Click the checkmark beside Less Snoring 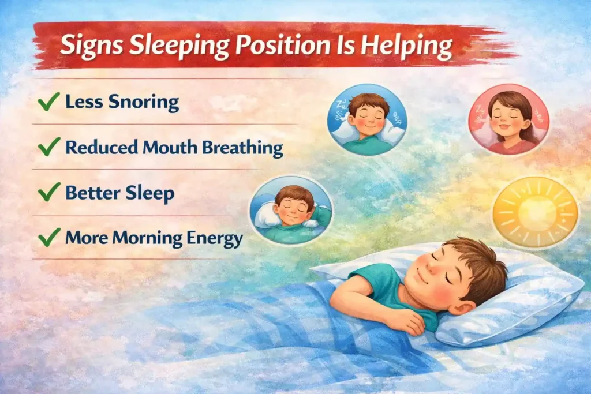click(x=49, y=103)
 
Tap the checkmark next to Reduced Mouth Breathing click(x=49, y=147)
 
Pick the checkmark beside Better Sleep click(x=49, y=192)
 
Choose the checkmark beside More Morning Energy click(x=49, y=237)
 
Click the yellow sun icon click(x=534, y=212)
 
